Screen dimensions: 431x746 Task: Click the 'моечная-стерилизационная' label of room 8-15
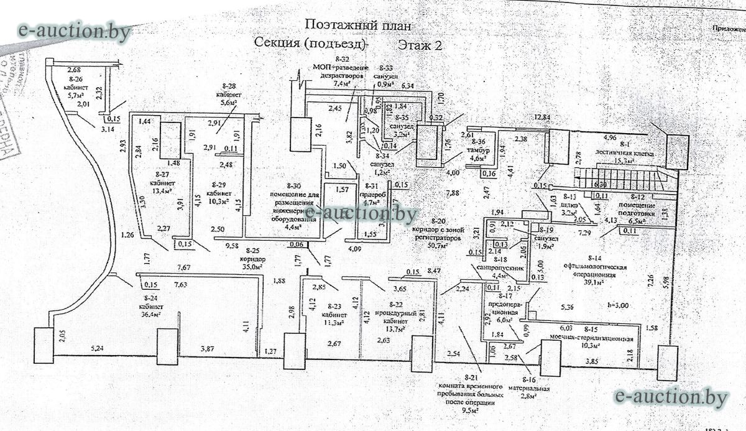[x=595, y=339]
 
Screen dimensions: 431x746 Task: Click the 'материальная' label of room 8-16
[x=530, y=390]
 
